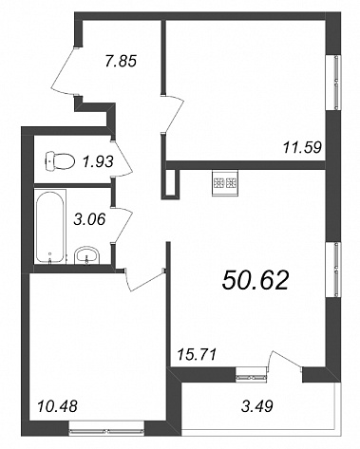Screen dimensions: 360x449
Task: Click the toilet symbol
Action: tap(60, 161)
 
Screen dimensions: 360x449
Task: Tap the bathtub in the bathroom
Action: tap(50, 226)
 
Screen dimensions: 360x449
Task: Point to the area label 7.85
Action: tap(121, 60)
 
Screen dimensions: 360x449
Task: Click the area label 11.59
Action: tap(302, 147)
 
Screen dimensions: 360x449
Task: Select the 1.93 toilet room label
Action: tap(98, 162)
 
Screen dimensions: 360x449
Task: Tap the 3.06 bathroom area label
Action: tap(88, 219)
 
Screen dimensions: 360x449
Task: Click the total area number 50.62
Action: tap(256, 281)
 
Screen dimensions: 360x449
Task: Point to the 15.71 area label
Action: tap(197, 354)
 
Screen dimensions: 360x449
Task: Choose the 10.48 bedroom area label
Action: tap(57, 406)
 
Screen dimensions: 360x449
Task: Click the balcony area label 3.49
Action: tap(257, 406)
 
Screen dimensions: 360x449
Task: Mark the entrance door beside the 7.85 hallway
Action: tap(65, 70)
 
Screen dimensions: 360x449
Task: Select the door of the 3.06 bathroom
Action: tap(123, 225)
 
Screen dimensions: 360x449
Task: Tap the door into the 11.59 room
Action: tap(173, 113)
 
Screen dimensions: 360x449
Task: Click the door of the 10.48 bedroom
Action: tap(144, 279)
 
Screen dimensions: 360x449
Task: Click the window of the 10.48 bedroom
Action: tap(107, 431)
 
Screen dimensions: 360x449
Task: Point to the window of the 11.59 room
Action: tap(337, 83)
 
